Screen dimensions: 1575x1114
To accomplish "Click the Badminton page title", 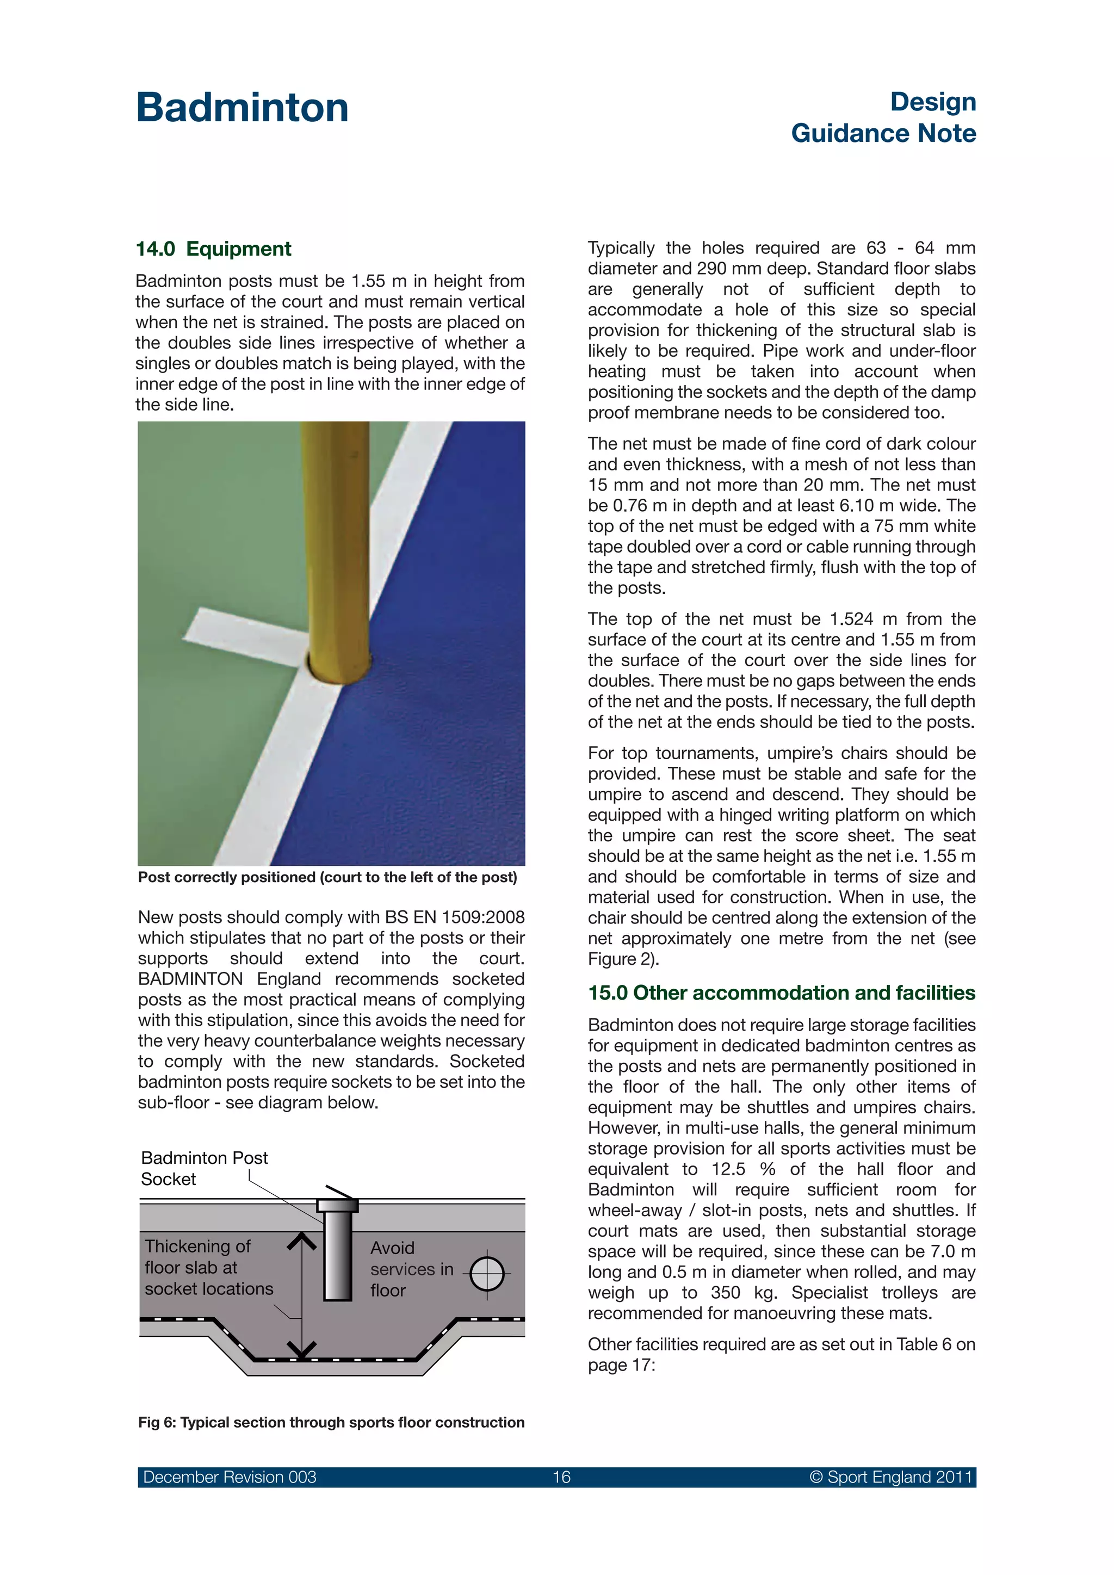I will point(242,108).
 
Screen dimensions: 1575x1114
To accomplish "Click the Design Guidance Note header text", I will point(883,117).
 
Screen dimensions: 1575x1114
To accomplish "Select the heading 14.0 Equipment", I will point(213,249).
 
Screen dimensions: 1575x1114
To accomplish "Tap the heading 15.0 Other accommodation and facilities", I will point(781,993).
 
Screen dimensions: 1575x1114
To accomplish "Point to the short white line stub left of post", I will point(240,635).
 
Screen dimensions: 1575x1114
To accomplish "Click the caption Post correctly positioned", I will point(327,877).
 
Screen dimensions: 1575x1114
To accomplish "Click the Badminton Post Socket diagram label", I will point(204,1168).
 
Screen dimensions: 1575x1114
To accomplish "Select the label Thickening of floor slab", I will point(208,1267).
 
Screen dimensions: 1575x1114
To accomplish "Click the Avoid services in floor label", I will point(412,1269).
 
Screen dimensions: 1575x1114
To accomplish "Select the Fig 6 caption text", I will point(331,1422).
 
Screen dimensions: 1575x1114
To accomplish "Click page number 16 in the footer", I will point(561,1477).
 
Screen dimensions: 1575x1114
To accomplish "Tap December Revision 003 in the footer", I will point(230,1477).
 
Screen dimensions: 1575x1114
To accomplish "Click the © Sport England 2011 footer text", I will point(890,1477).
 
